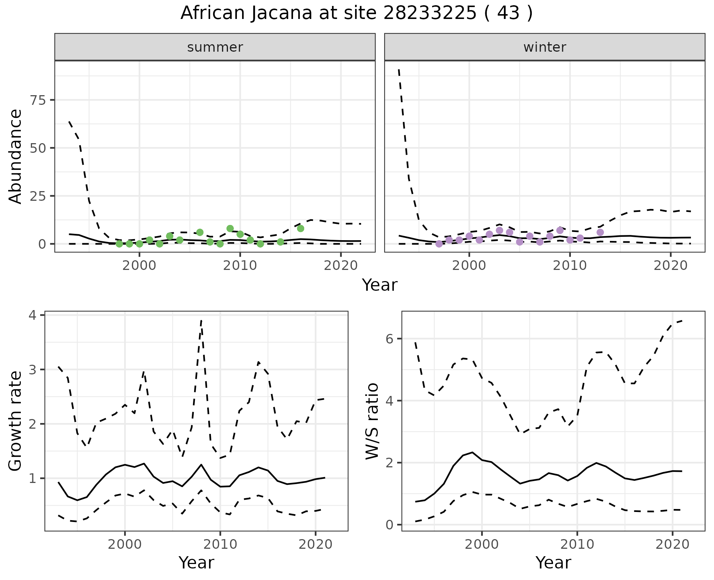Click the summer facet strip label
tap(215, 47)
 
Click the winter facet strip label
tap(544, 47)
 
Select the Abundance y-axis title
tap(16, 157)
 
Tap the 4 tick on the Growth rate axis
tap(35, 315)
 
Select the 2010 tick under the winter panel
tap(570, 265)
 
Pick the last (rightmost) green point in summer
tap(300, 228)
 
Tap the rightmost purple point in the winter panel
tap(600, 232)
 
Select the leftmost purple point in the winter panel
tap(439, 244)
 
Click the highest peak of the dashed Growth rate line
tap(201, 320)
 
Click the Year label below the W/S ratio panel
tap(553, 563)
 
